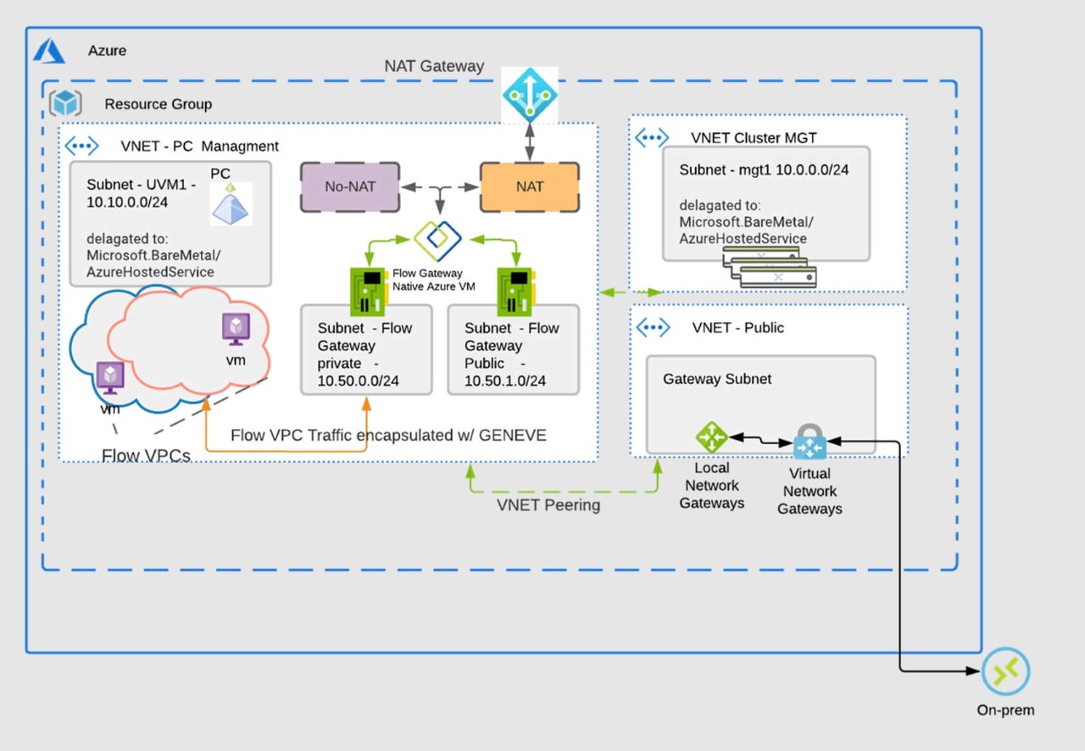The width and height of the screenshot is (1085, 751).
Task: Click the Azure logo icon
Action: point(49,51)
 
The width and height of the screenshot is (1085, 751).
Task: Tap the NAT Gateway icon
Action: point(530,94)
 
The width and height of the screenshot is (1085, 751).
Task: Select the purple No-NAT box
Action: point(349,186)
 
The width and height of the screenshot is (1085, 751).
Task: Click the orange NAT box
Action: point(530,186)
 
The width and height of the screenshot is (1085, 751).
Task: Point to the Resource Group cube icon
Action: point(65,103)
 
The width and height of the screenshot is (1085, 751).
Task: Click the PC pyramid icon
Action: point(231,205)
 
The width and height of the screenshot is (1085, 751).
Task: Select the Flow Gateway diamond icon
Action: point(437,241)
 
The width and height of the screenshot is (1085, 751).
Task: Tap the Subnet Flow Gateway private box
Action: point(366,349)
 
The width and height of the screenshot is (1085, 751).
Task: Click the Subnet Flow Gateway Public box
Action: point(513,349)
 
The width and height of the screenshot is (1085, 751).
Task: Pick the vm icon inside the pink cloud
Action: point(236,329)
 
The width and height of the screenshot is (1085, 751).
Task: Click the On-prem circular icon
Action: point(1005,673)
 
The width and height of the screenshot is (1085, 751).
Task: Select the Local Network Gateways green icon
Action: point(711,437)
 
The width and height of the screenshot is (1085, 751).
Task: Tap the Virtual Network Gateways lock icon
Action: point(810,442)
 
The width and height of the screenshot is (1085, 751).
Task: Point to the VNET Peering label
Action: point(548,505)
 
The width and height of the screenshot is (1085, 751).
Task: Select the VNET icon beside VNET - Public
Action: point(654,327)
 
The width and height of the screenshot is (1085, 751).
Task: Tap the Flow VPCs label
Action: point(146,456)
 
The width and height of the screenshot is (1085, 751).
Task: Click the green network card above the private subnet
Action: point(366,291)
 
